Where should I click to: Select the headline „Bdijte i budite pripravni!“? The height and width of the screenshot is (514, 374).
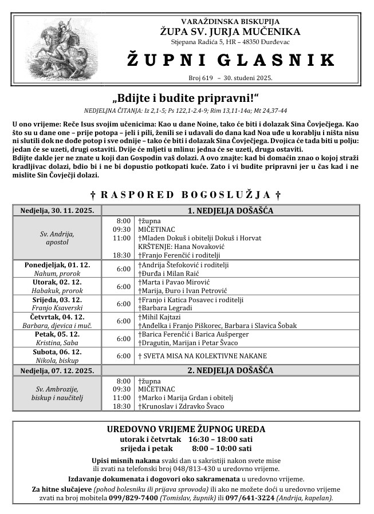tap(187, 97)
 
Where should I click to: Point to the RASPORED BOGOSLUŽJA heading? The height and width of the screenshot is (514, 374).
tap(187, 195)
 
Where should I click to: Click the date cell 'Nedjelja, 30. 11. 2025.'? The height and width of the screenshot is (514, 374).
tap(57, 210)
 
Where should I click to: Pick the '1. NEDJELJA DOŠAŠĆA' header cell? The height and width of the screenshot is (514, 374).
tap(230, 210)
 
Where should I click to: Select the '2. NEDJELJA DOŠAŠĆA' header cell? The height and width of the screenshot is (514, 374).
tap(230, 370)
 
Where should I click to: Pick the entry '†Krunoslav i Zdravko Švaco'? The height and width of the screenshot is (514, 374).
tap(181, 406)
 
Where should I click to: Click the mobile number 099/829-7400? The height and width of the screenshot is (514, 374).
tap(133, 498)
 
